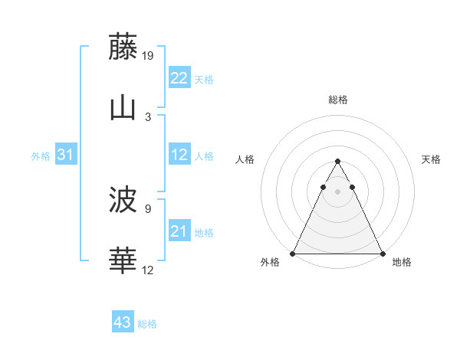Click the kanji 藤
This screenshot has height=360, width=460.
(x=123, y=47)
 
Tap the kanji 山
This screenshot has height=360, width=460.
(x=123, y=108)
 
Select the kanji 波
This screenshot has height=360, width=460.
(x=123, y=201)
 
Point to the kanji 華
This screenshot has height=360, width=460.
(x=123, y=261)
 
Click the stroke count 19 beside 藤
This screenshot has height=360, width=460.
(x=149, y=56)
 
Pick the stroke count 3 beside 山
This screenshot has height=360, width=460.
(x=148, y=116)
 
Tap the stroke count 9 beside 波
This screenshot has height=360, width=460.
(x=148, y=208)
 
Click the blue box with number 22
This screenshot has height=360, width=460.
(x=179, y=77)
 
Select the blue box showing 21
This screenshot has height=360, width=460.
(x=179, y=231)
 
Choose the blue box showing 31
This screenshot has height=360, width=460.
(x=65, y=155)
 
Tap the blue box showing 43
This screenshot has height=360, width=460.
(x=123, y=322)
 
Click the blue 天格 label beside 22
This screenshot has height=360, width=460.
(x=204, y=79)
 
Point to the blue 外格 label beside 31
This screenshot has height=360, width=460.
(x=41, y=155)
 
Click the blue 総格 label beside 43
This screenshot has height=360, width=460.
(x=148, y=324)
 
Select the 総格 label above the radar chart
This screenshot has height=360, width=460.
(x=338, y=100)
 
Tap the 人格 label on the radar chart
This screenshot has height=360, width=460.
(x=245, y=159)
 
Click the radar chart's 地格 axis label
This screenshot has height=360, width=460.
(x=402, y=262)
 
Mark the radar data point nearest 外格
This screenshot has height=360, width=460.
(x=294, y=254)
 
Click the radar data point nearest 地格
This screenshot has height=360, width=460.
(x=382, y=254)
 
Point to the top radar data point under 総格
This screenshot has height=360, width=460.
(x=337, y=162)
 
